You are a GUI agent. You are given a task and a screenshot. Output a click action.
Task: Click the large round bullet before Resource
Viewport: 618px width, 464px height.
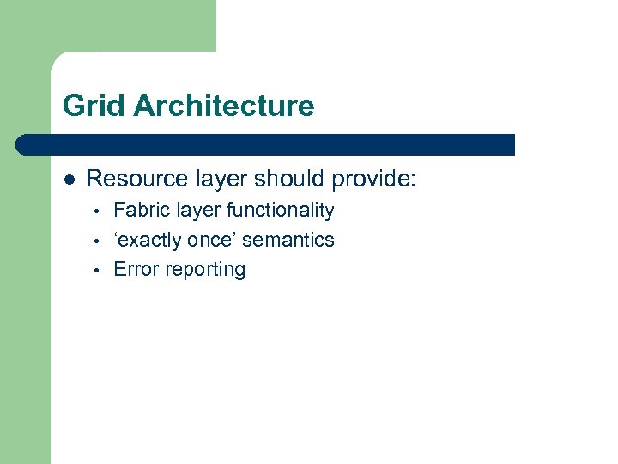pyautogui.click(x=70, y=180)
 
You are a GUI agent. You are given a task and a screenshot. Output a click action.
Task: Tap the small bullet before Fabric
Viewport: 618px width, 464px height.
pyautogui.click(x=99, y=211)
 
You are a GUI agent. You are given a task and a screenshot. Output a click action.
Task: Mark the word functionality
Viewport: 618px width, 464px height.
pyautogui.click(x=280, y=211)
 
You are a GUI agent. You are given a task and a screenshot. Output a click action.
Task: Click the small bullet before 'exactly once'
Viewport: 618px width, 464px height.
pyautogui.click(x=99, y=241)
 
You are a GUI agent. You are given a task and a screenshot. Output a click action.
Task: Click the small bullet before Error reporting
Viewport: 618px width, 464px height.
pyautogui.click(x=99, y=271)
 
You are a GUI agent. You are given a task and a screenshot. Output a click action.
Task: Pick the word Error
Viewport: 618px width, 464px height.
pyautogui.click(x=136, y=270)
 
